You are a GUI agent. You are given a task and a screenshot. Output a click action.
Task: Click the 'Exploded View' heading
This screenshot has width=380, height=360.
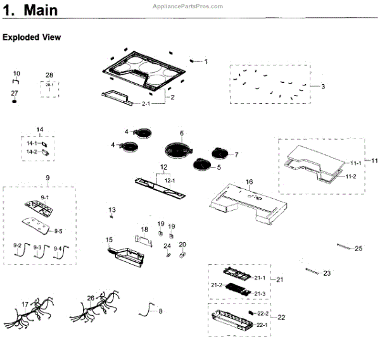(x=32, y=37)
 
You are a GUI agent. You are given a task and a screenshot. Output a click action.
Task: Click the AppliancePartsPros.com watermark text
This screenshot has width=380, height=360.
(x=188, y=6)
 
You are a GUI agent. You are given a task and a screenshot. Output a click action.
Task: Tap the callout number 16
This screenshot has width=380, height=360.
(x=249, y=182)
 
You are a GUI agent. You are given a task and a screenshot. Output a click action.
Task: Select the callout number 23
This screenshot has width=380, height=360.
(x=327, y=273)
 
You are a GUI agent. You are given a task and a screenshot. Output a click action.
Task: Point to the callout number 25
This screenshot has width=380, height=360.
(x=358, y=248)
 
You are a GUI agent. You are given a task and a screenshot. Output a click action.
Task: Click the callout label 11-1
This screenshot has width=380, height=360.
(x=356, y=163)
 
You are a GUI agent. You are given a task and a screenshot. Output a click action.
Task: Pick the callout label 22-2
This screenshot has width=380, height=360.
(x=263, y=313)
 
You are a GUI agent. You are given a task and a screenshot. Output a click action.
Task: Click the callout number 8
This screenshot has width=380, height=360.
(x=160, y=311)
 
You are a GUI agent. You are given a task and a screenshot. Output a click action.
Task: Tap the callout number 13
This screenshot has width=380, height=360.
(x=112, y=209)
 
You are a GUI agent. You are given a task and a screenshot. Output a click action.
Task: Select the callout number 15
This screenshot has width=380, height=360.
(x=109, y=240)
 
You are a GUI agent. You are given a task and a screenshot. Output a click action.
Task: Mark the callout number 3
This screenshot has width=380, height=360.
(x=322, y=86)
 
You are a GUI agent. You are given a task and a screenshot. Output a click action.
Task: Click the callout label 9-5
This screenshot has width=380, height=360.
(x=58, y=231)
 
